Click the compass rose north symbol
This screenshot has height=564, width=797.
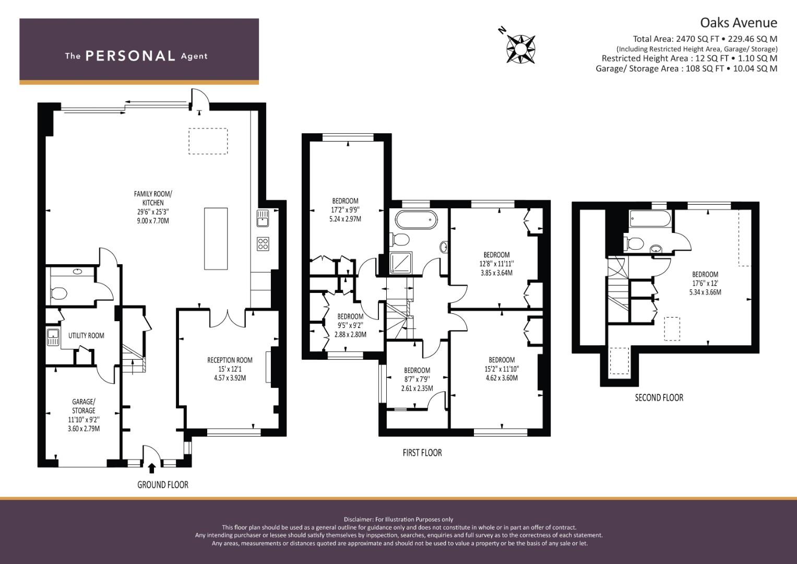point(520,49)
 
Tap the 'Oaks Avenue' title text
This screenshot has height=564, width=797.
point(739,23)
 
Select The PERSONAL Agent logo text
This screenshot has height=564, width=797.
point(136,56)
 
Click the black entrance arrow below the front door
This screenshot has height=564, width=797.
point(152,468)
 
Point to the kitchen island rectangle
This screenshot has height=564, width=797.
point(216,239)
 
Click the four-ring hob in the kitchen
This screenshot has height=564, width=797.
point(263,244)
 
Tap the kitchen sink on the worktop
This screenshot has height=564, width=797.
point(263,218)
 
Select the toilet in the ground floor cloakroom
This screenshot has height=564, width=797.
point(58,293)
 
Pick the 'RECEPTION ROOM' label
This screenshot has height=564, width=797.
point(230,360)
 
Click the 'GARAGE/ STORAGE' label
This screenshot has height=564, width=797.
point(84,406)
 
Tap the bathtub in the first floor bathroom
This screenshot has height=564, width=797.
point(416,219)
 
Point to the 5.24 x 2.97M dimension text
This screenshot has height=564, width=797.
point(345,219)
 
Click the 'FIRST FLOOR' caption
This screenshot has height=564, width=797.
point(422,453)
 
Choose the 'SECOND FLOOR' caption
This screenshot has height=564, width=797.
point(659,397)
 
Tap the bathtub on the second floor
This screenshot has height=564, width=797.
point(650,218)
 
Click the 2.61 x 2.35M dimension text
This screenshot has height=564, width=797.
point(417,388)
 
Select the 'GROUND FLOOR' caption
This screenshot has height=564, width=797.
point(163,485)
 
